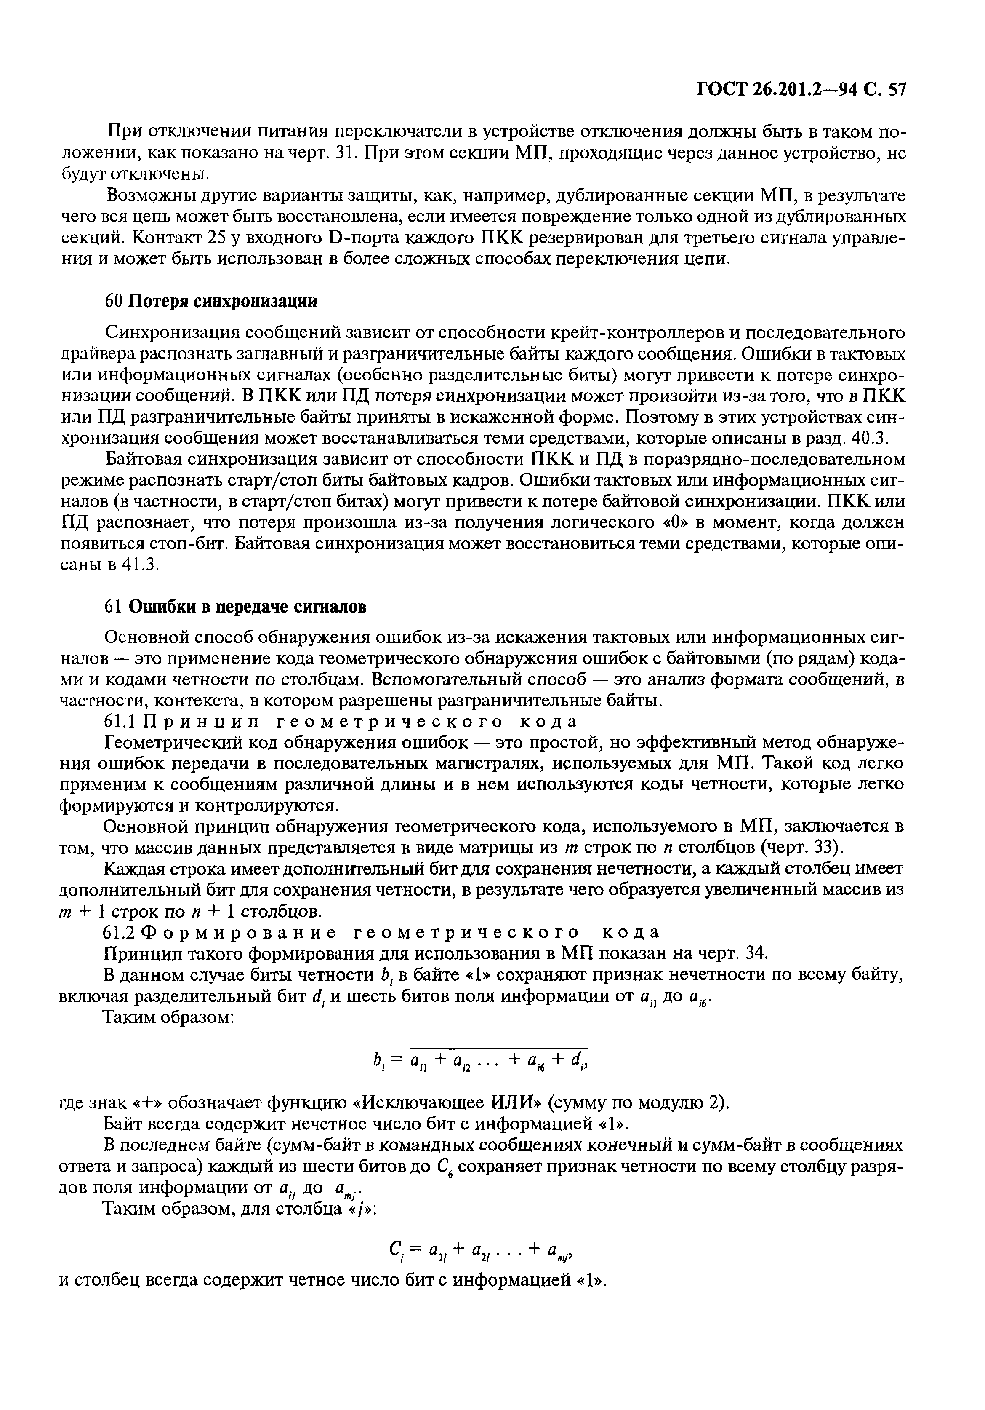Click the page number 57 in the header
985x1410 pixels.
point(895,90)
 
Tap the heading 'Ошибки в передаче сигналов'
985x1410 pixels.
point(248,607)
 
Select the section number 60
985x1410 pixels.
point(115,302)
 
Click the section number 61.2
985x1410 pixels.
point(119,932)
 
